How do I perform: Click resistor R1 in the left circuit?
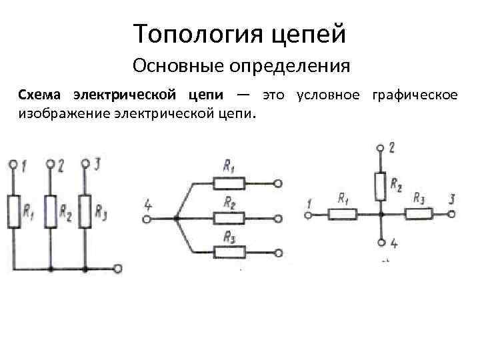point(14,211)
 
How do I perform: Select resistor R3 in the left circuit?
point(85,211)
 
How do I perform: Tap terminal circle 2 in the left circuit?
point(49,163)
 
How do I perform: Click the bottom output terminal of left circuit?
point(118,269)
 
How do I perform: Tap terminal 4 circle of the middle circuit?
point(146,217)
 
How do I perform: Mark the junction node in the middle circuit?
point(175,217)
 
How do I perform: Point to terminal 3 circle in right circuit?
point(453,214)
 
